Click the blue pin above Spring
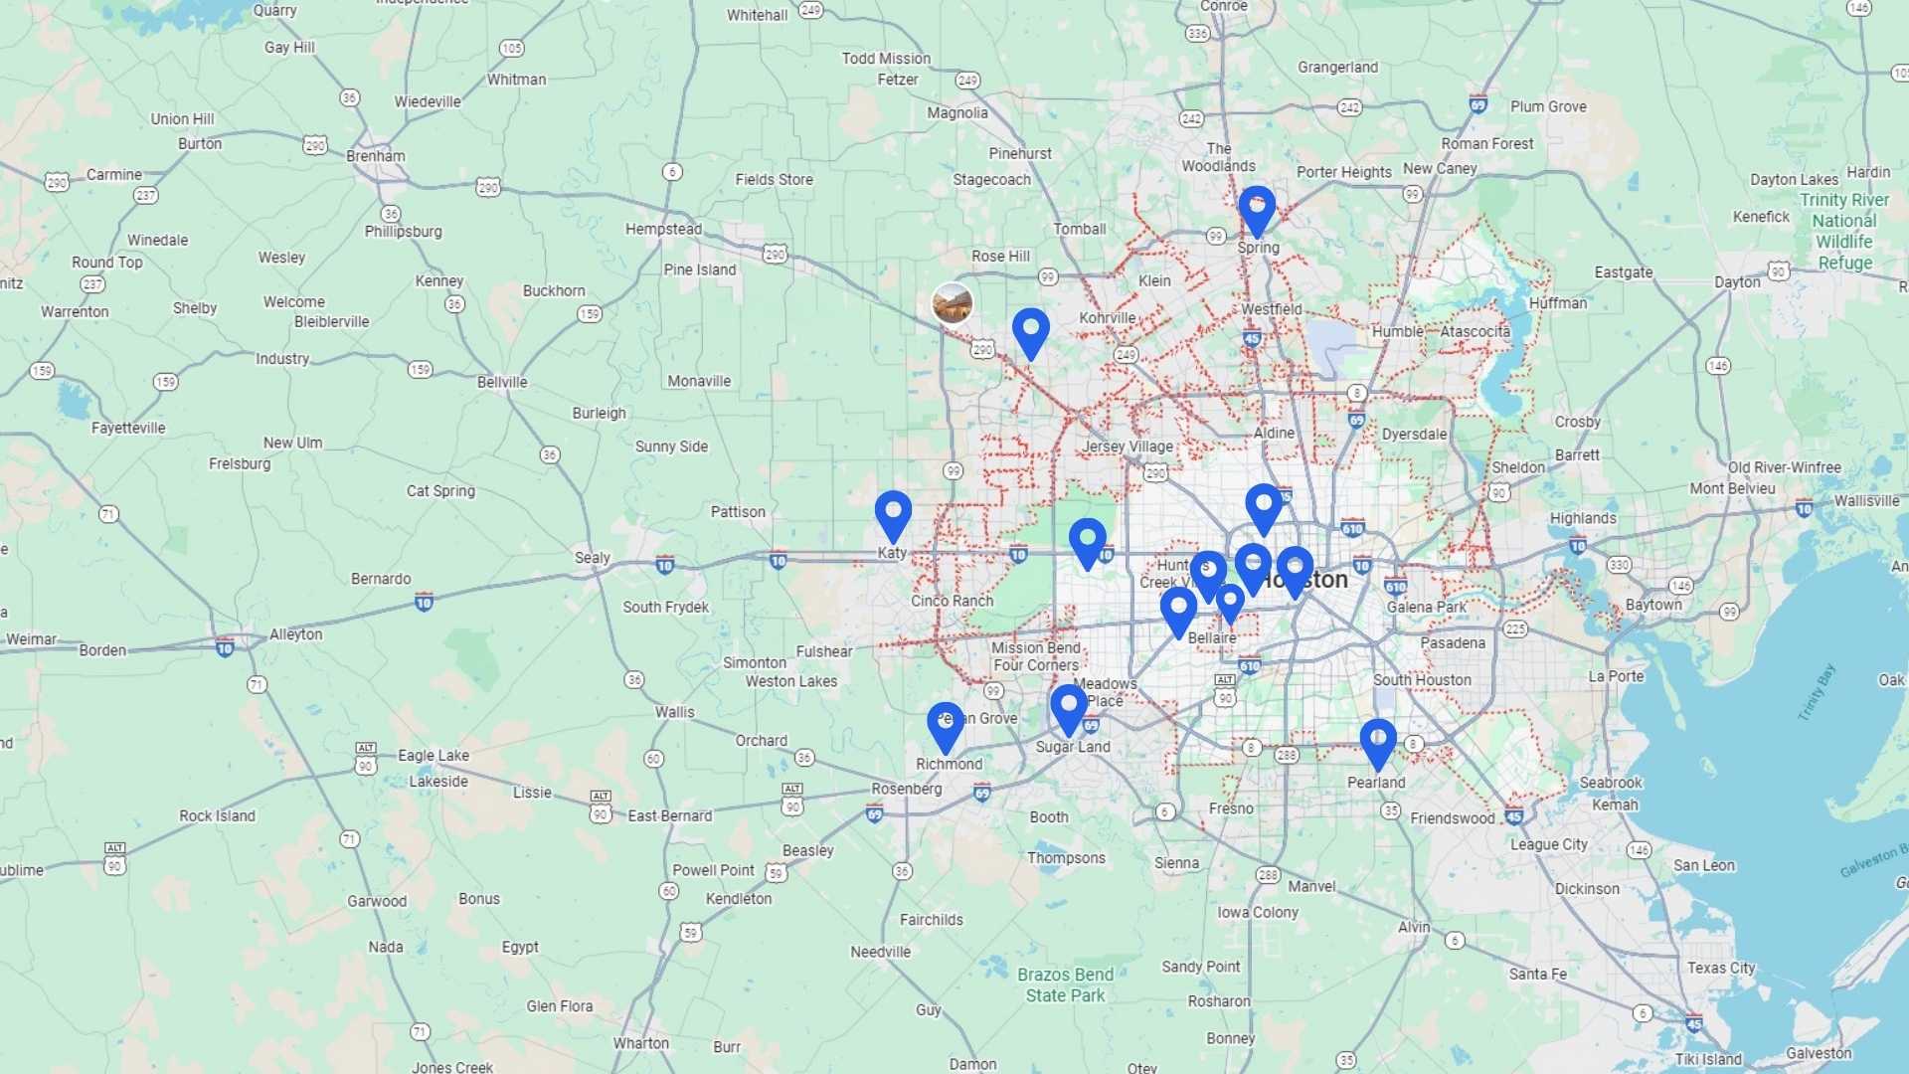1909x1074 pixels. (1257, 208)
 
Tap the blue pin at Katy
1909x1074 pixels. (893, 513)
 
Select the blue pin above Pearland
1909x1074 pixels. (1378, 742)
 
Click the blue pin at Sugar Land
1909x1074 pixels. (1069, 707)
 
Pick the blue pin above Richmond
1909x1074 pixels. (946, 725)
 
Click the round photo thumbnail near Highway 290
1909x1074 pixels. (953, 303)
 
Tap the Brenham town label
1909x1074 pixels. (376, 156)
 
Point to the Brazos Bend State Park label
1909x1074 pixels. (1065, 984)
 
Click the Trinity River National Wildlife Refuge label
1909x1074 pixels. (1844, 231)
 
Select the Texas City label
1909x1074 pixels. (1721, 968)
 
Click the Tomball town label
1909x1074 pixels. (1080, 229)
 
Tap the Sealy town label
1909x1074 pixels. (593, 558)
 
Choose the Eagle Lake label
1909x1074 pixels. (434, 756)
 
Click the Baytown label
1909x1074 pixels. (1653, 605)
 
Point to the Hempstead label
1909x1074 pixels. (663, 229)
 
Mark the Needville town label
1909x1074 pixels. (880, 952)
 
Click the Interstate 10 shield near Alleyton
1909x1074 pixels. (225, 649)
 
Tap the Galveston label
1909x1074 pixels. (1819, 1053)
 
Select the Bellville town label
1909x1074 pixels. (502, 382)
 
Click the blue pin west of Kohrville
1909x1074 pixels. (1031, 330)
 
